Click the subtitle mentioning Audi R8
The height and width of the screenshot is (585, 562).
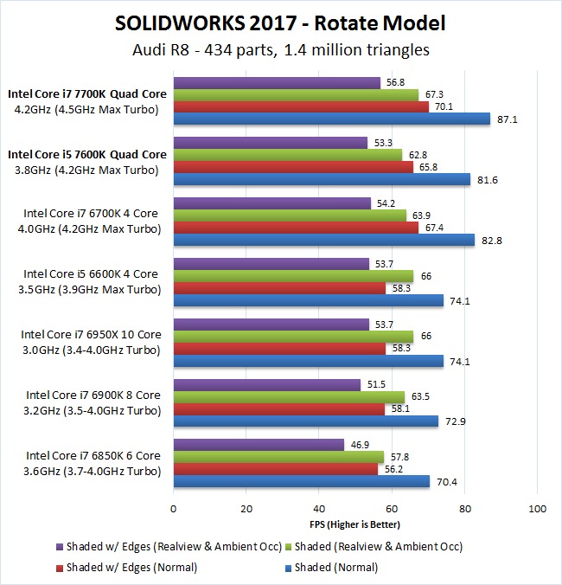click(x=281, y=50)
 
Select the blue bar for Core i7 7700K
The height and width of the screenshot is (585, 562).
click(x=332, y=119)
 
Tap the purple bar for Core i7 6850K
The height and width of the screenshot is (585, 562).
click(x=259, y=445)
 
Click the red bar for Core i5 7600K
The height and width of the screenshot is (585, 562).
click(x=293, y=167)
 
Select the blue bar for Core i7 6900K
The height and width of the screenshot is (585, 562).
click(x=306, y=421)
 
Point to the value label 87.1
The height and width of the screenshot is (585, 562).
click(x=508, y=119)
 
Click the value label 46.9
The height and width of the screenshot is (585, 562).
click(x=358, y=445)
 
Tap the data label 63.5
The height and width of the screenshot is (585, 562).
click(x=420, y=396)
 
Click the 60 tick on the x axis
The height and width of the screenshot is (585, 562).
click(x=392, y=509)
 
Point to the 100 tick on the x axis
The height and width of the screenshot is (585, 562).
click(x=537, y=509)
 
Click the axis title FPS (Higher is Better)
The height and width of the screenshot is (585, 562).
click(x=355, y=524)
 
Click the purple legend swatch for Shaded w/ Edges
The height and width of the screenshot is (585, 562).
click(x=58, y=546)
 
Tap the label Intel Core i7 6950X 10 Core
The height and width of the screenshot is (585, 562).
click(x=91, y=334)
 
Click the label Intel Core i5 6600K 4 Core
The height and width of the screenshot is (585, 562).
click(x=91, y=274)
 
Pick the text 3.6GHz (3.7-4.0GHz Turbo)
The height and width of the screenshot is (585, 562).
click(x=91, y=471)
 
